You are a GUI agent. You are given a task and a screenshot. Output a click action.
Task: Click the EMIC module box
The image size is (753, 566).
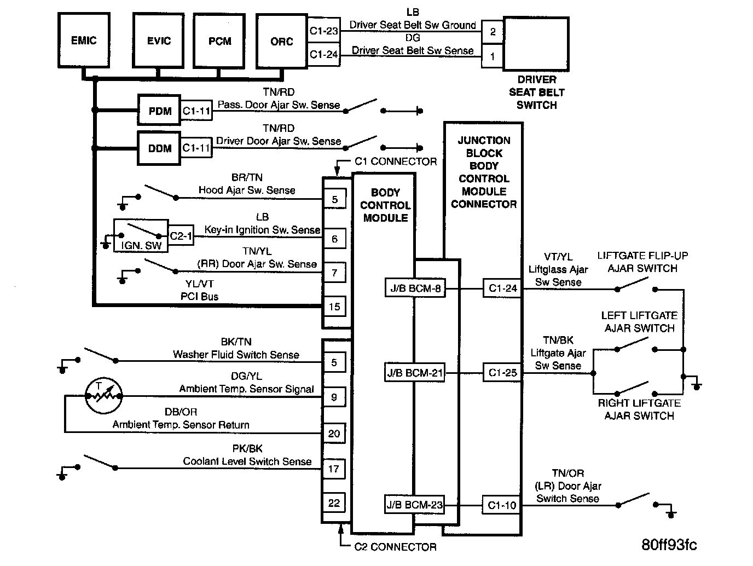(x=84, y=41)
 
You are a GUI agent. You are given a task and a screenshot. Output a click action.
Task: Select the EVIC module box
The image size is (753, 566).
(x=159, y=41)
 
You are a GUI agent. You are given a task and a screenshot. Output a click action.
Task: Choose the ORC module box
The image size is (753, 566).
(x=281, y=42)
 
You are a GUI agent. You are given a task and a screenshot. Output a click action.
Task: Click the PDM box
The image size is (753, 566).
(x=160, y=111)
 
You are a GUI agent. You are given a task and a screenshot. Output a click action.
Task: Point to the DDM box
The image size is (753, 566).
(x=160, y=148)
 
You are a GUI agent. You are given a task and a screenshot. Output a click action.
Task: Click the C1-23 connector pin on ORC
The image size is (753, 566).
(x=324, y=31)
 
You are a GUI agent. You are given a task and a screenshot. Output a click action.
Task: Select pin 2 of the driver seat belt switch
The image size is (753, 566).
(x=493, y=32)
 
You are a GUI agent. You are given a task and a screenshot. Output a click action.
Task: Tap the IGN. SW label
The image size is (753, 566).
(x=141, y=246)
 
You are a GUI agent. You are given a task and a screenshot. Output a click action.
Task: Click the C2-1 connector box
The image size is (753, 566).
(x=181, y=236)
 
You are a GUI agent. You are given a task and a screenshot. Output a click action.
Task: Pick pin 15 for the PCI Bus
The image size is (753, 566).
(x=335, y=307)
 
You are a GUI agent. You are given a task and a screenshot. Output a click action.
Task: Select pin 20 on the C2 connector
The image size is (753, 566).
(x=334, y=434)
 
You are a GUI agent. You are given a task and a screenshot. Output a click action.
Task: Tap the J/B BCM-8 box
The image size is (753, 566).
(x=414, y=288)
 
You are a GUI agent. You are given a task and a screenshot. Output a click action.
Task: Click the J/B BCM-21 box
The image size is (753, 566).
(x=414, y=373)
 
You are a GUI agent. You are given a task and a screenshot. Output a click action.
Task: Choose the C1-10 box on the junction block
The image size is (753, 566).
(x=502, y=505)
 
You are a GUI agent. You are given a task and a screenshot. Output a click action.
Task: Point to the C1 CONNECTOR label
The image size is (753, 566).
(x=396, y=161)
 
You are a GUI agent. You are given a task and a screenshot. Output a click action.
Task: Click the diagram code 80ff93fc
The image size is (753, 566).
(x=669, y=545)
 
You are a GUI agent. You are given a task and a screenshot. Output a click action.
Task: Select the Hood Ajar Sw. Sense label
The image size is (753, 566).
(x=247, y=190)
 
